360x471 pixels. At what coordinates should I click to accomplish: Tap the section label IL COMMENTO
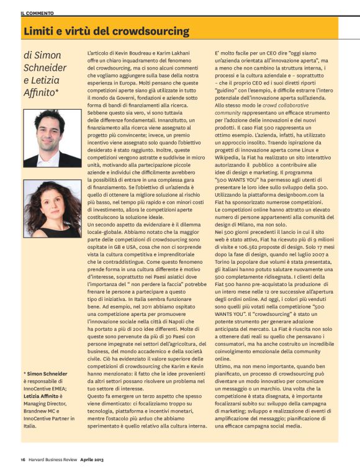pos(37,12)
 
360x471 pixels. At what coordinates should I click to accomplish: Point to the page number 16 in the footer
pos(22,460)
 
